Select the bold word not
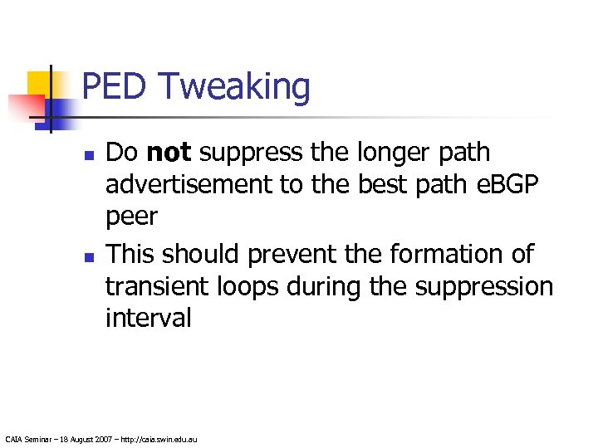pyautogui.click(x=169, y=153)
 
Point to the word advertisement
pyautogui.click(x=189, y=185)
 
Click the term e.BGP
pyautogui.click(x=506, y=185)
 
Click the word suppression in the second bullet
pyautogui.click(x=483, y=287)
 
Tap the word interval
pyautogui.click(x=148, y=318)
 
